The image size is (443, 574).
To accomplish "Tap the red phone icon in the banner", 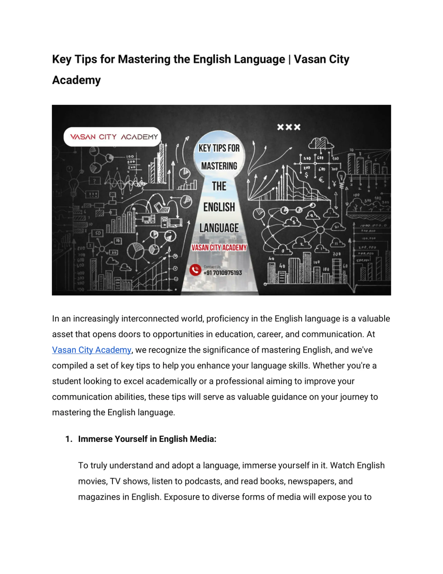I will coord(195,270).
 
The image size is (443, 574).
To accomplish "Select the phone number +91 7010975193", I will coord(223,273).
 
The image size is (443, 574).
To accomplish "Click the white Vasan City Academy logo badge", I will coord(112,137).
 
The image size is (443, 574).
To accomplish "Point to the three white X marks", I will coord(289,127).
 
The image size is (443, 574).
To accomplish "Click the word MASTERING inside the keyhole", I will coord(219,166).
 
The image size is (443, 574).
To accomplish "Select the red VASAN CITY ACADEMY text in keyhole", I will coord(219,248).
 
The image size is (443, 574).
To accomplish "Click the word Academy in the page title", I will coord(76,80).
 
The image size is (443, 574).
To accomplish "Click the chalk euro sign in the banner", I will coord(321,180).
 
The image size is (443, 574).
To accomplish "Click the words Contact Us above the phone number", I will coord(212,267).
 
